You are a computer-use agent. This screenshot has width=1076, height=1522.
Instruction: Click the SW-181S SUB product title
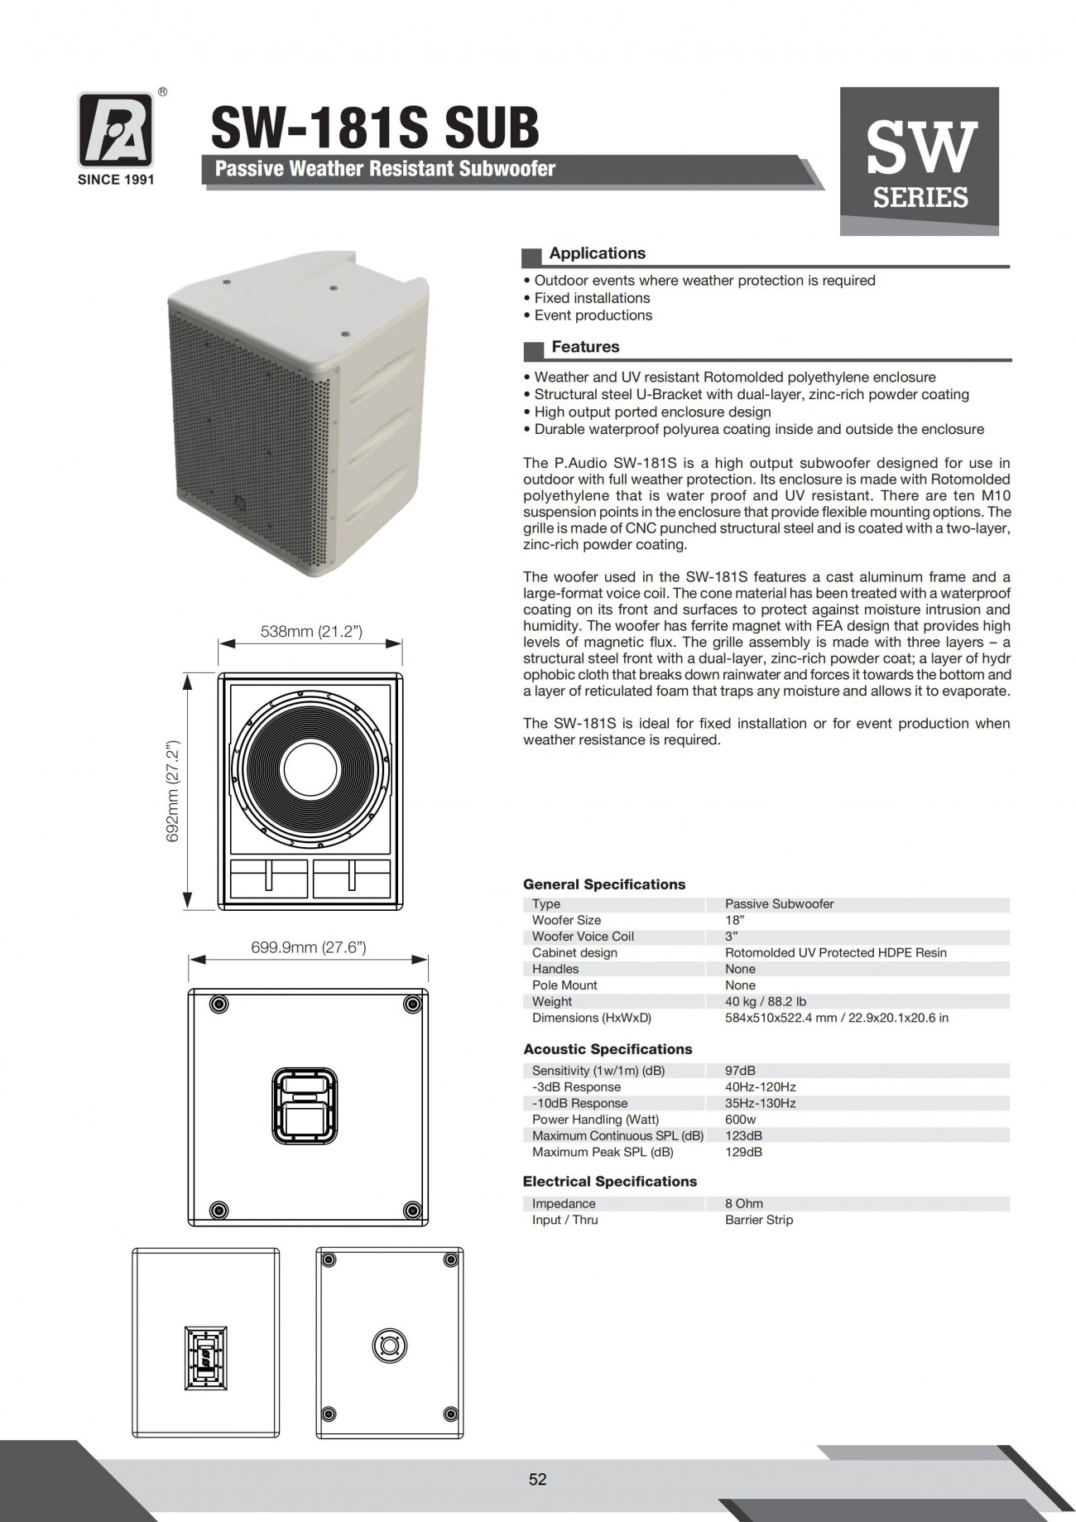click(375, 128)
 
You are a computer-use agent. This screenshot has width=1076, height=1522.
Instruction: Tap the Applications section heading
click(597, 253)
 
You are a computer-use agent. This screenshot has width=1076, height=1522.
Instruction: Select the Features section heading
click(585, 347)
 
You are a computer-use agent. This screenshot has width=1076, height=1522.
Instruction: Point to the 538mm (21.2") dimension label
click(311, 631)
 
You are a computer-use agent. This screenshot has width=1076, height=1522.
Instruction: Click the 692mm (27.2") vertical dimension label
click(174, 791)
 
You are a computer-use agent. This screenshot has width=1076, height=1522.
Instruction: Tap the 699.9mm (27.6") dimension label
click(309, 947)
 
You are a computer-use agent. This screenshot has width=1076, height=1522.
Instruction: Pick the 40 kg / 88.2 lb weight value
click(766, 1001)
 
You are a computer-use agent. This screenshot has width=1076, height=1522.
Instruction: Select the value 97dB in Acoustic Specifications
click(740, 1071)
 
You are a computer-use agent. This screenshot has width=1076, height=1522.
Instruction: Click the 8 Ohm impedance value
click(744, 1203)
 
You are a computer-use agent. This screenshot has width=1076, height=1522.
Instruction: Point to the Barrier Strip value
click(759, 1220)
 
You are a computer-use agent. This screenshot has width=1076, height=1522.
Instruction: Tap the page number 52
click(538, 1479)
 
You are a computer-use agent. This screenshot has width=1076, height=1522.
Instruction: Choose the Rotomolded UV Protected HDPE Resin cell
click(836, 952)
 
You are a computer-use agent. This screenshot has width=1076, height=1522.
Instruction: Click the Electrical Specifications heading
click(610, 1182)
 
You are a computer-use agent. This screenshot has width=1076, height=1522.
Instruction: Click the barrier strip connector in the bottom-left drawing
click(205, 1359)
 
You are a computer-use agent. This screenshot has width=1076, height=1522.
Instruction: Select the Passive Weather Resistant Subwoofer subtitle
click(385, 169)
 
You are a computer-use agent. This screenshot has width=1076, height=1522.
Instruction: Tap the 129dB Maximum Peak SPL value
click(743, 1152)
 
